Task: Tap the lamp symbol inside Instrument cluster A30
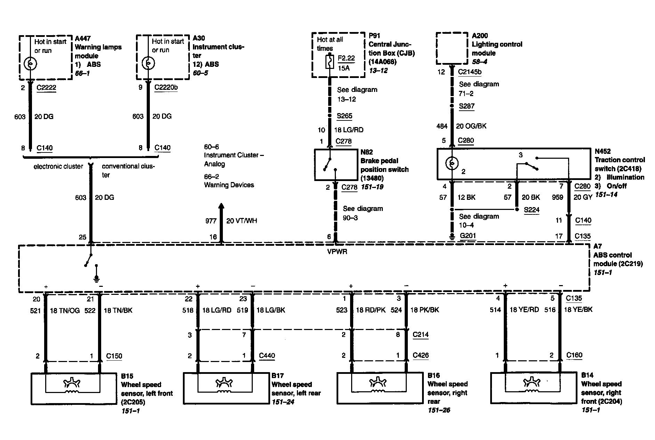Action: pos(148,64)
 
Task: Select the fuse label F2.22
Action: pos(346,58)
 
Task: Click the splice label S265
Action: pos(345,116)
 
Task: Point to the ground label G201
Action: pos(468,236)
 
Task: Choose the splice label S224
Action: pos(531,210)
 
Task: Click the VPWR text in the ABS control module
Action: pos(337,251)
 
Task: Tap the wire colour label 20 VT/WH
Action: pos(242,221)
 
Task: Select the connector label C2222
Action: pos(46,87)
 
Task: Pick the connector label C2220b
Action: pos(166,87)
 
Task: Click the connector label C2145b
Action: pos(470,72)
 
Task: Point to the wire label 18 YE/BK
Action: pos(578,309)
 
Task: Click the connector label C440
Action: pos(267,356)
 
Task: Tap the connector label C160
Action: pos(574,355)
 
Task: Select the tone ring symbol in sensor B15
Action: pos(72,383)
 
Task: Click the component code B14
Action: pos(587,375)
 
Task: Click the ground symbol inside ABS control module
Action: pos(97,278)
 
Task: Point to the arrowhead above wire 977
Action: pos(221,206)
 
